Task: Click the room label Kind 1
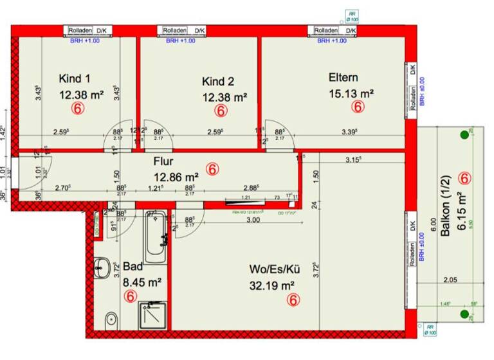75,79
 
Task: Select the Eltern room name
343,77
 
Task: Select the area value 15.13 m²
351,93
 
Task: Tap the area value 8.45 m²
142,281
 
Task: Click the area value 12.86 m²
175,176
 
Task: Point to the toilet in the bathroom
111,318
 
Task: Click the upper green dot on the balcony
464,135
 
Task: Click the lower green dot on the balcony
464,314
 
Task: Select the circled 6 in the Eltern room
358,108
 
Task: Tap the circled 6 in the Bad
131,296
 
